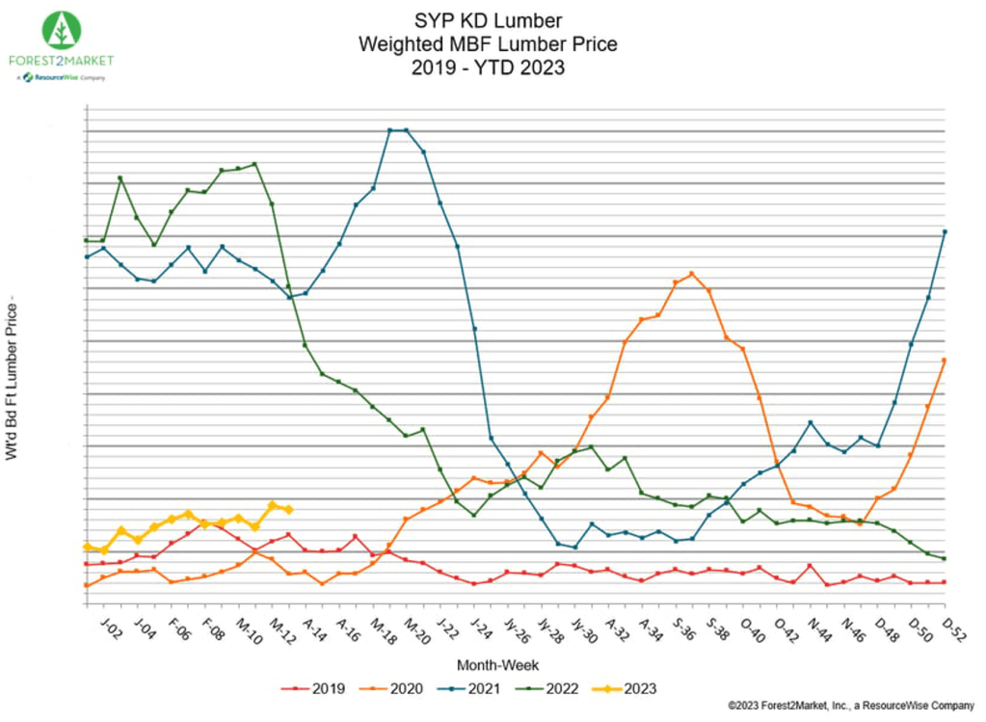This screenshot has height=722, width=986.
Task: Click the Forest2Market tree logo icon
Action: [62, 31]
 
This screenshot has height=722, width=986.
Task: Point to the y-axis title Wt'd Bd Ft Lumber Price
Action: [13, 380]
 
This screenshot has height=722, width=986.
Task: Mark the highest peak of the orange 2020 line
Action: [692, 274]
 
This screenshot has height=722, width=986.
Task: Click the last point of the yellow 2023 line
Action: [288, 509]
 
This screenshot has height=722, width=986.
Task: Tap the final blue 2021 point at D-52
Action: [945, 231]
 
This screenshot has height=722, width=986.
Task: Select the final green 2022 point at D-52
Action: [945, 559]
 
